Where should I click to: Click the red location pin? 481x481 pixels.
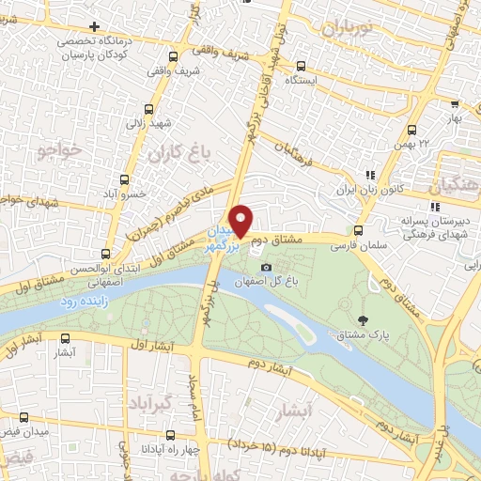[x=241, y=219]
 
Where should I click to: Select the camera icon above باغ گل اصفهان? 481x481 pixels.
[x=266, y=268]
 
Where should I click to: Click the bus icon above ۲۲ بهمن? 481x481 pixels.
[x=411, y=130]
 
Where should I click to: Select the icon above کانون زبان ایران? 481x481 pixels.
[x=373, y=175]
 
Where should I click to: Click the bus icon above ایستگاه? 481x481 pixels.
[x=301, y=67]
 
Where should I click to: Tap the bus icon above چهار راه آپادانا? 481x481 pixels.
[x=170, y=434]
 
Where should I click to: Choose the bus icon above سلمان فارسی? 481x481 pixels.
[x=358, y=229]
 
